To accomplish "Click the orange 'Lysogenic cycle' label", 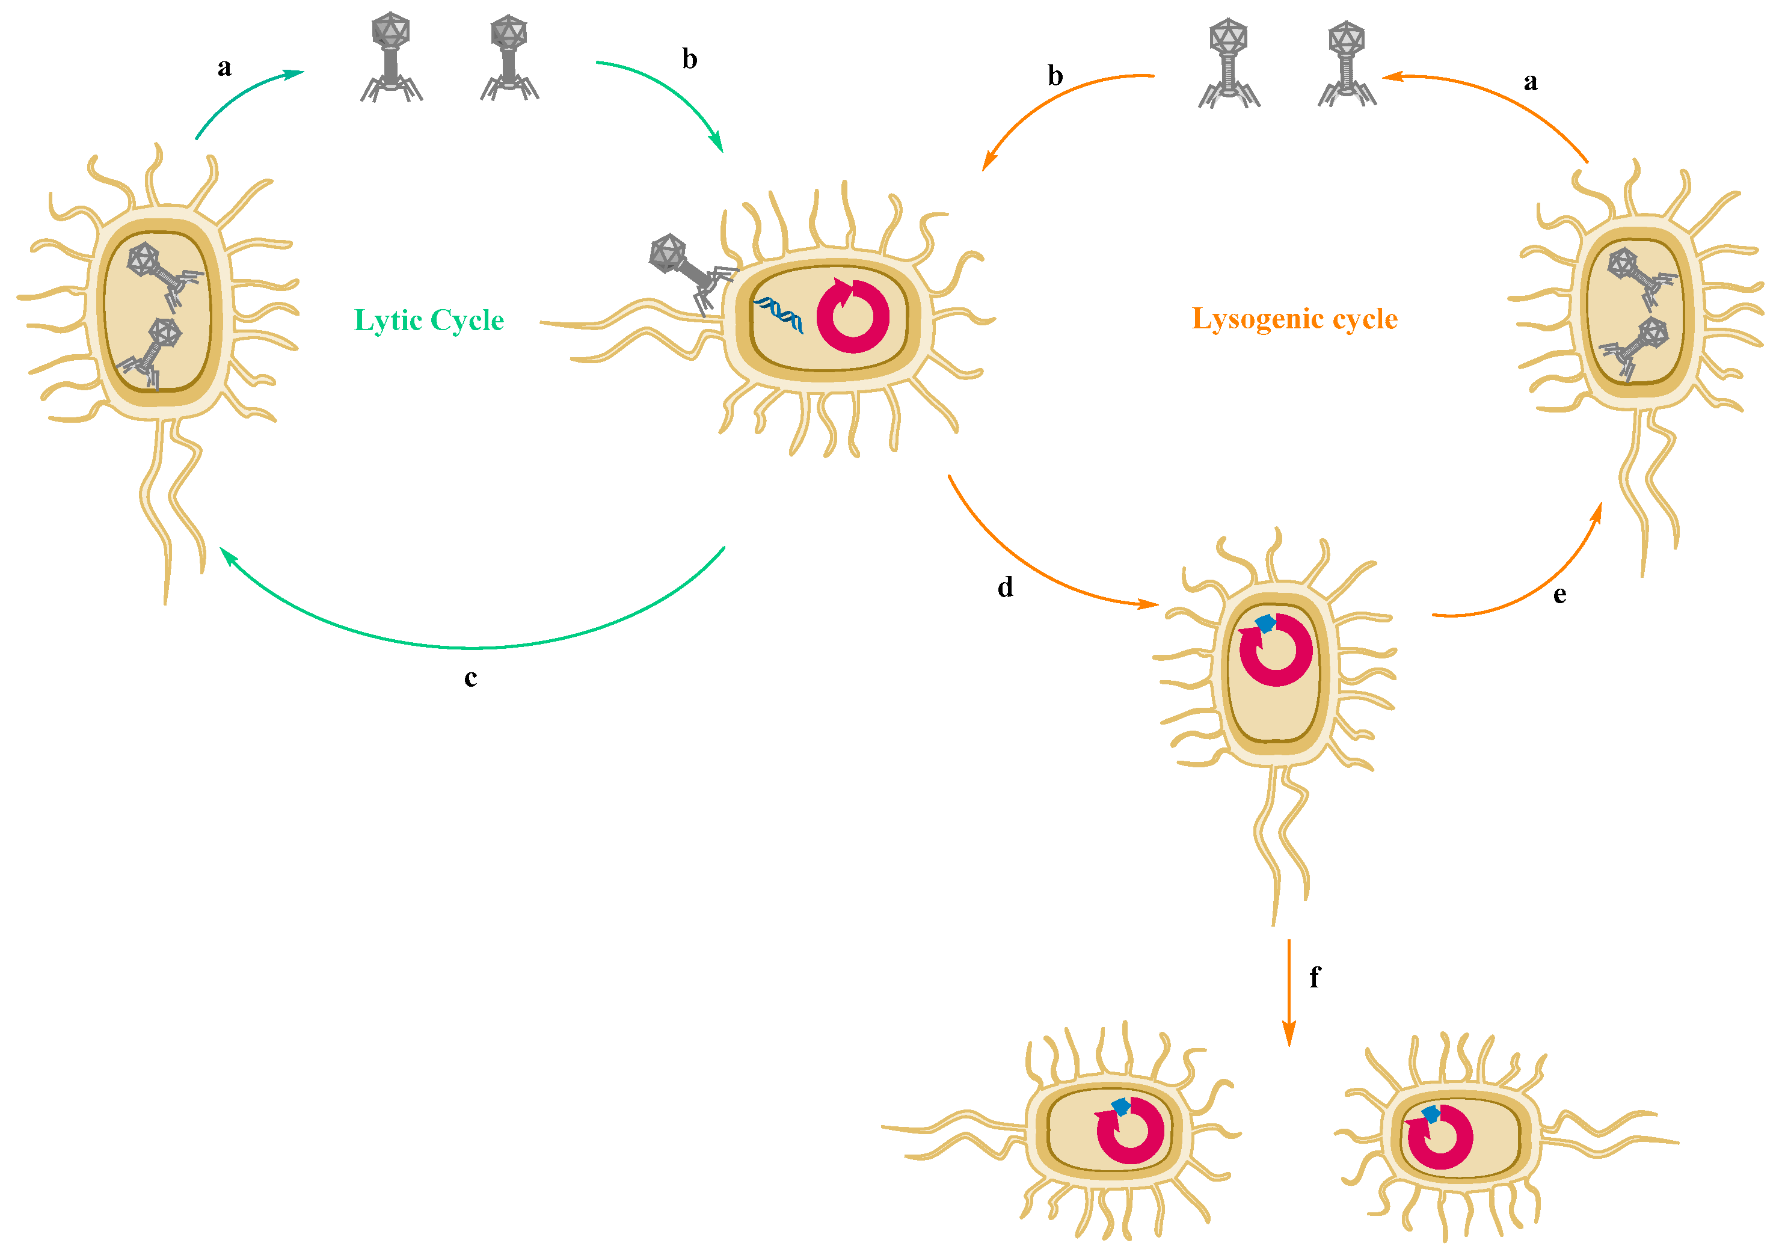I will click(1294, 319).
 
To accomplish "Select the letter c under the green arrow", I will click(470, 678).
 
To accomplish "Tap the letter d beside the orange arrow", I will click(1005, 587).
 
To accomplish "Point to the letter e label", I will click(1559, 595).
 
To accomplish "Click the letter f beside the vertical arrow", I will click(1315, 977).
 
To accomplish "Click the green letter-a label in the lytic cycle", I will click(224, 67).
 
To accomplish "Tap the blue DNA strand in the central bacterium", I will click(778, 313).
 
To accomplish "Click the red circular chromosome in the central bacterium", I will click(853, 316).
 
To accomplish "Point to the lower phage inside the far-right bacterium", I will click(1636, 346).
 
